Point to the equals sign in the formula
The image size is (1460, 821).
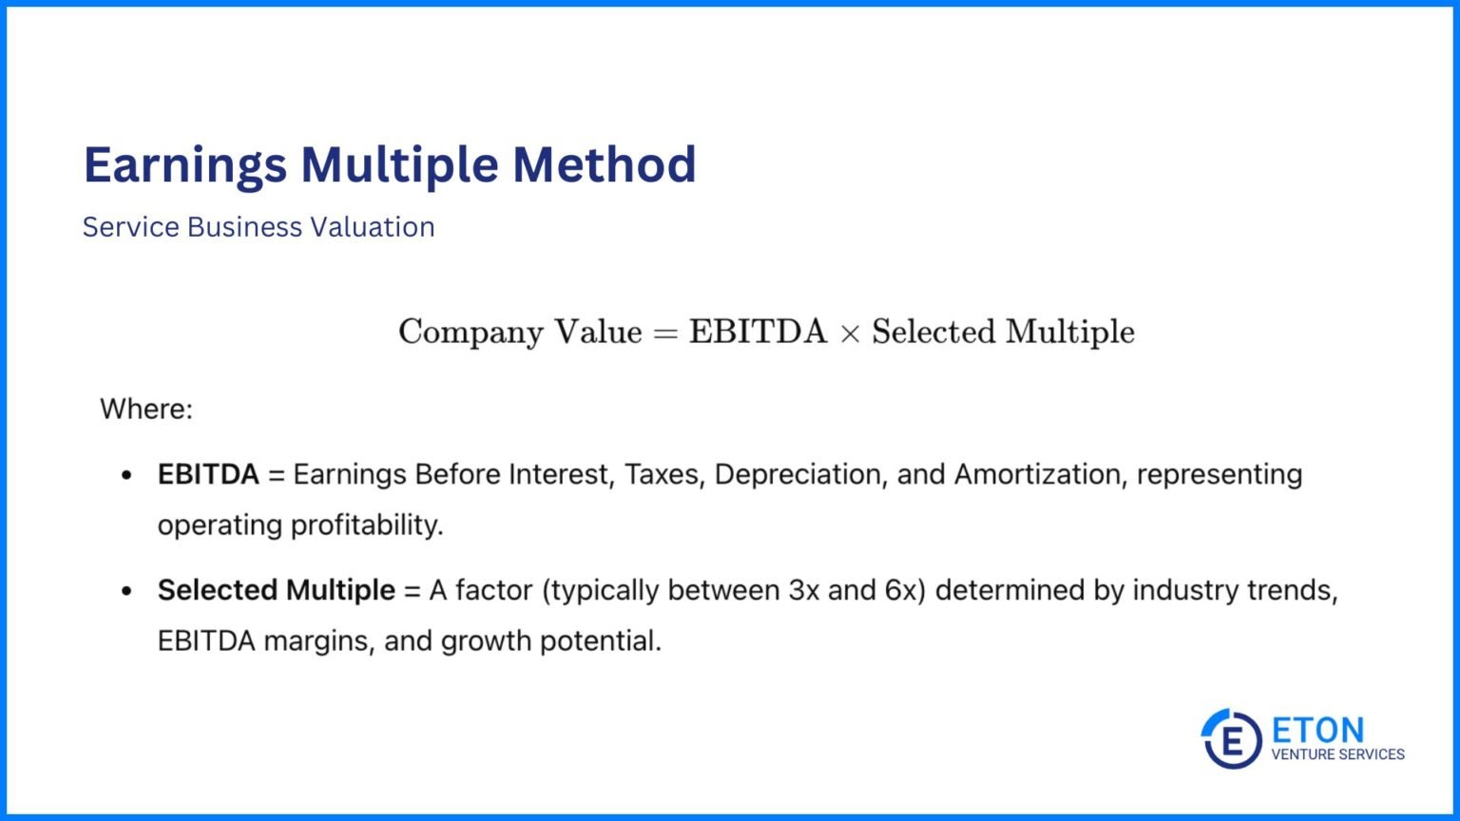(665, 333)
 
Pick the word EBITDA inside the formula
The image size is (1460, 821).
(758, 332)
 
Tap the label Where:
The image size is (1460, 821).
(146, 410)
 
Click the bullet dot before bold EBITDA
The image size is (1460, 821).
(126, 475)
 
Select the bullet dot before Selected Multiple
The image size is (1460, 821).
(126, 591)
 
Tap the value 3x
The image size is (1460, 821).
(804, 590)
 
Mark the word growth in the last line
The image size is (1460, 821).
(486, 642)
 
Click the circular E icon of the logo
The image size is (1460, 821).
(1231, 738)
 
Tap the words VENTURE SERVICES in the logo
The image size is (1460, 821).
(1337, 754)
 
